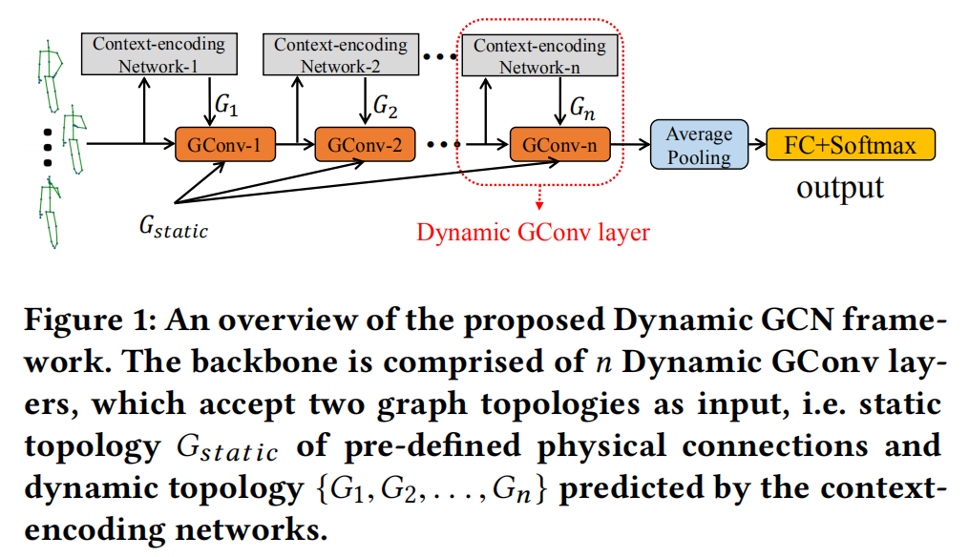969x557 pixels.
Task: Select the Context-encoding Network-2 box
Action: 341,55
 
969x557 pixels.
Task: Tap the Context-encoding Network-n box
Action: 539,55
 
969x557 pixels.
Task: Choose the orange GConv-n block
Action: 559,146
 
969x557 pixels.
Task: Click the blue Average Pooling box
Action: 699,146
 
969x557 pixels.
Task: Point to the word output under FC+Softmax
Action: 840,186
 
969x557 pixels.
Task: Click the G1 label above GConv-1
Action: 225,103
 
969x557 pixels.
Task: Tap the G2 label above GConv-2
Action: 385,103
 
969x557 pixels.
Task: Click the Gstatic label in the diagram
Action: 172,228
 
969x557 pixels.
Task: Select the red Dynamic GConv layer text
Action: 533,232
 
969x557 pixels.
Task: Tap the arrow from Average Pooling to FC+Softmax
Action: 755,146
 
